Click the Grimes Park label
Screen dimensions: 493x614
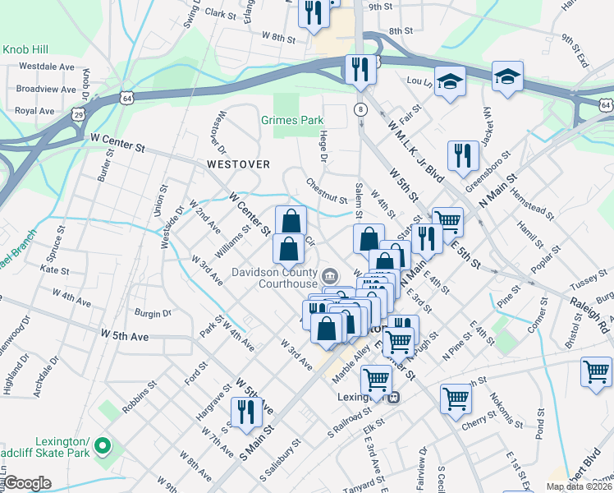(292, 120)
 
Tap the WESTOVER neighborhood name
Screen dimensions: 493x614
(238, 164)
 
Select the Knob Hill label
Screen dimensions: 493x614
(27, 49)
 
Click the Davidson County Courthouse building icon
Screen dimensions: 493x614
(330, 274)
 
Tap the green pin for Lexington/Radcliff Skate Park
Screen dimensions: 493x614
(103, 446)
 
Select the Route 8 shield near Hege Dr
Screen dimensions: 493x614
(360, 109)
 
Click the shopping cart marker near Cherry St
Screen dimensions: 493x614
(456, 399)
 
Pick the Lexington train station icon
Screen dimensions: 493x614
(394, 398)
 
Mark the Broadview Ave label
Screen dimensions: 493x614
(45, 88)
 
